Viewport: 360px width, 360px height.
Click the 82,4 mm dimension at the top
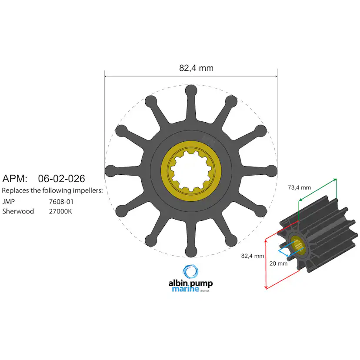click(x=196, y=68)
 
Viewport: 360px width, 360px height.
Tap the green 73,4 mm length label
click(x=300, y=187)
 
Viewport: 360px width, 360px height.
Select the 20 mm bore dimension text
click(x=278, y=263)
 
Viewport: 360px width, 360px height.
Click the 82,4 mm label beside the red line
click(x=253, y=256)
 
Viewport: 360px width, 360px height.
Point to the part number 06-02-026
click(x=61, y=178)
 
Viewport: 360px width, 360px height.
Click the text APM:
click(x=15, y=178)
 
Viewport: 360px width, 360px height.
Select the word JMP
click(x=8, y=201)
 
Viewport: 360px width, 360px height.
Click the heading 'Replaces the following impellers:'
click(x=52, y=190)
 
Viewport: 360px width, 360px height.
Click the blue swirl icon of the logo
click(x=190, y=272)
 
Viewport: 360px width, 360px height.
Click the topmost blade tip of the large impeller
click(x=191, y=90)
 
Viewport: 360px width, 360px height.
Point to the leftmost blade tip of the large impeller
click(x=110, y=170)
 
